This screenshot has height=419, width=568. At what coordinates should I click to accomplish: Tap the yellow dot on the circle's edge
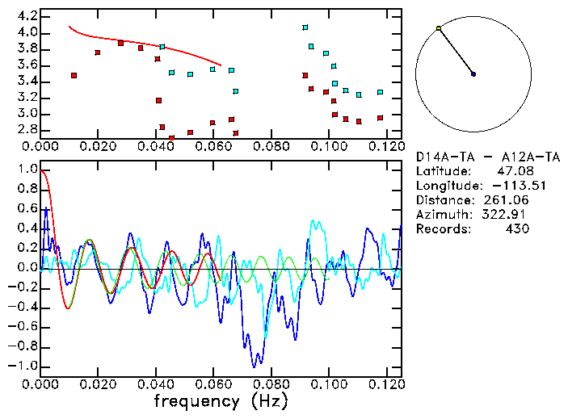point(439,28)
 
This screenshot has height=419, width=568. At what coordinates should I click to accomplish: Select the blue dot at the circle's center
point(473,74)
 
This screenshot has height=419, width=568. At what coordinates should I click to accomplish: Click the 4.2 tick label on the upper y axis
point(27,16)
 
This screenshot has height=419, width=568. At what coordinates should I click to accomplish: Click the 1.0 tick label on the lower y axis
point(27,170)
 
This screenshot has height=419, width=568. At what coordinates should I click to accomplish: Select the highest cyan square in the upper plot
point(305,27)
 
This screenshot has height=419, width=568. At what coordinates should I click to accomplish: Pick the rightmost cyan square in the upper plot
point(380,93)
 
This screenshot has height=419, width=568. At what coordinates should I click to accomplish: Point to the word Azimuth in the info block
point(441,215)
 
